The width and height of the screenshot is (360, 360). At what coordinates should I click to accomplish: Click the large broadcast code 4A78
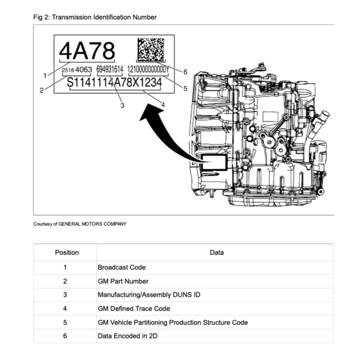(x=87, y=51)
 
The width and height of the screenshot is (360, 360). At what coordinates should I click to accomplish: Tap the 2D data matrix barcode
(x=151, y=49)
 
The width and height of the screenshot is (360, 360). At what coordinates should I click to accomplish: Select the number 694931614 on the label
(x=110, y=69)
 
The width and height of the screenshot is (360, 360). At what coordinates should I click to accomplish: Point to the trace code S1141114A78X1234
(x=114, y=82)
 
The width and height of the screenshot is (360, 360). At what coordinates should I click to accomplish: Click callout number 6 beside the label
(x=185, y=72)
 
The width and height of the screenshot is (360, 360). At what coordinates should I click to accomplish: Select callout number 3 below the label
(x=122, y=106)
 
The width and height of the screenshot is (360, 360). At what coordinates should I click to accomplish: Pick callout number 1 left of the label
(x=45, y=75)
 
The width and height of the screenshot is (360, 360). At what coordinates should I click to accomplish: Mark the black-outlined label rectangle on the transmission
(x=212, y=163)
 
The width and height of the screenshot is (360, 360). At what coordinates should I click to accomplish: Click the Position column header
(x=67, y=253)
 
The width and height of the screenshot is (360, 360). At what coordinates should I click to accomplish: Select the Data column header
(x=216, y=253)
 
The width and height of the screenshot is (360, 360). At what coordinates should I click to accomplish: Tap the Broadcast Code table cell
(x=121, y=267)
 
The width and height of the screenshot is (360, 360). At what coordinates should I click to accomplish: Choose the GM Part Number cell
(x=123, y=281)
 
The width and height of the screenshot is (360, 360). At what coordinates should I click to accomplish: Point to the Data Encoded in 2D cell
(x=127, y=336)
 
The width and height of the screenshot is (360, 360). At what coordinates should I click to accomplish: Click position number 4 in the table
(x=65, y=309)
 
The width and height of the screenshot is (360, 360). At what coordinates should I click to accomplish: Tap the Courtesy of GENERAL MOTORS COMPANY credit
(x=80, y=224)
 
